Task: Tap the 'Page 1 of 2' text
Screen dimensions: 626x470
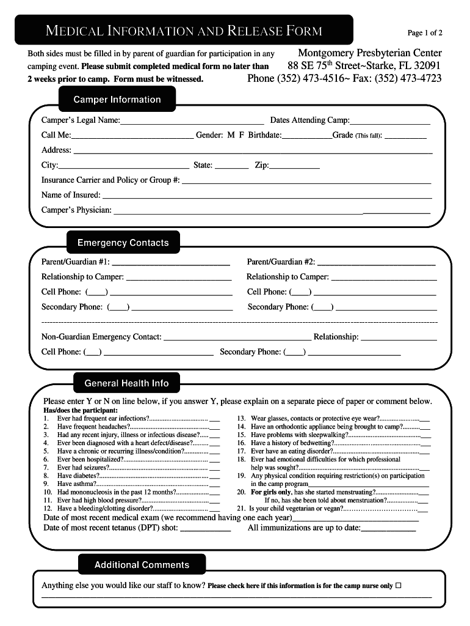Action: click(425, 33)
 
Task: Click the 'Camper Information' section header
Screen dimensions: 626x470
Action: click(117, 100)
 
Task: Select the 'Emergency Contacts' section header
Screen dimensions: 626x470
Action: click(123, 243)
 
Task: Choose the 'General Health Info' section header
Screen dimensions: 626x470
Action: click(126, 383)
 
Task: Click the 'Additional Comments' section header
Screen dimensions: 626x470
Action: click(142, 565)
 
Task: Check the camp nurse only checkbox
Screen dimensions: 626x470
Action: click(399, 585)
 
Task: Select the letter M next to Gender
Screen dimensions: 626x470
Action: click(231, 135)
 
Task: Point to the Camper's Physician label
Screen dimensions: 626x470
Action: click(76, 210)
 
